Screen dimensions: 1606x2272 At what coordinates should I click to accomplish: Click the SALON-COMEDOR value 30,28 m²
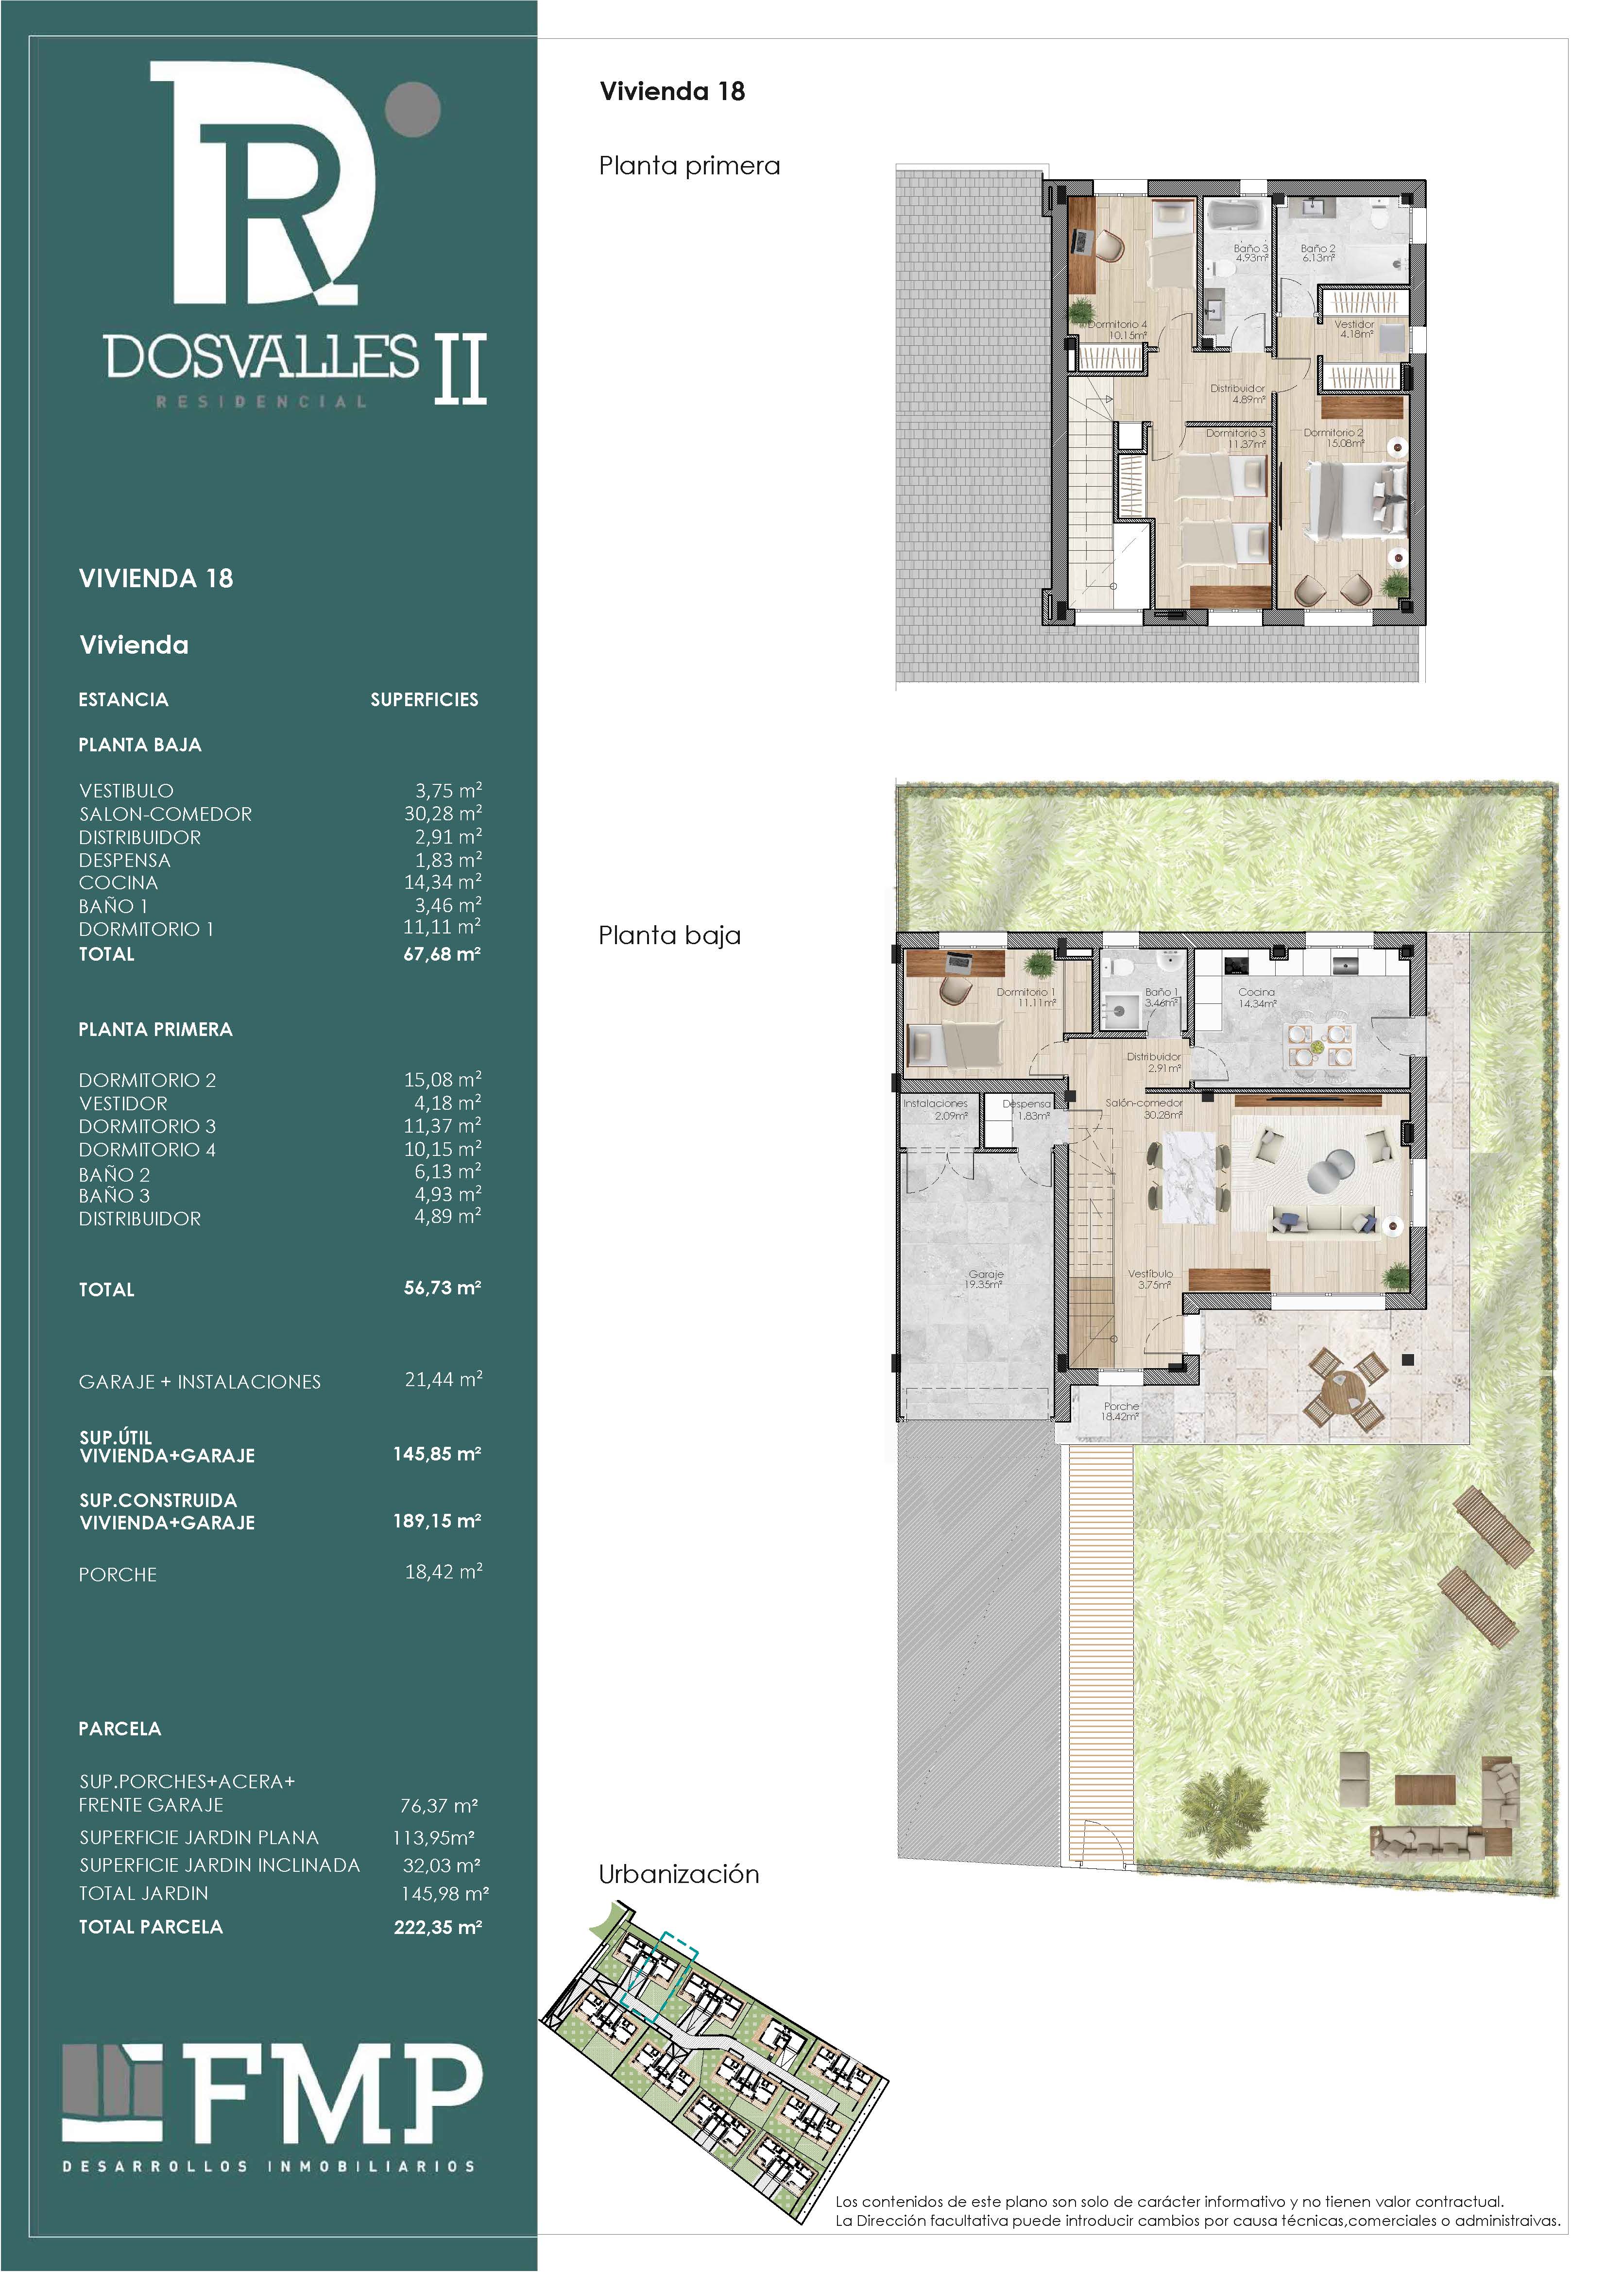pyautogui.click(x=443, y=814)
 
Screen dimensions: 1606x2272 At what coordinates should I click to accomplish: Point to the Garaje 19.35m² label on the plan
pyautogui.click(x=986, y=1279)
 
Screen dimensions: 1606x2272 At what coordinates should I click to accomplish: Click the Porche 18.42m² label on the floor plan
pyautogui.click(x=1121, y=1411)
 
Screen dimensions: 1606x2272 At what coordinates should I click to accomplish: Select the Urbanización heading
pyautogui.click(x=679, y=1874)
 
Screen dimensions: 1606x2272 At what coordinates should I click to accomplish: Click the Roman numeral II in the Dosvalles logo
pyautogui.click(x=461, y=368)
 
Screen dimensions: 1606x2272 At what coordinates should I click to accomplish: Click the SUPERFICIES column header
pyautogui.click(x=425, y=699)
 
